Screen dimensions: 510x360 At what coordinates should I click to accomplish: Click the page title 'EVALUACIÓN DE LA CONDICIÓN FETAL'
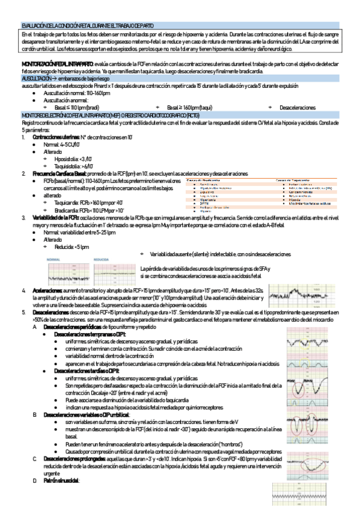click(87, 26)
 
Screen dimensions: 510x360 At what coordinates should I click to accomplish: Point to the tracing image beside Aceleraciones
click(297, 295)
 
